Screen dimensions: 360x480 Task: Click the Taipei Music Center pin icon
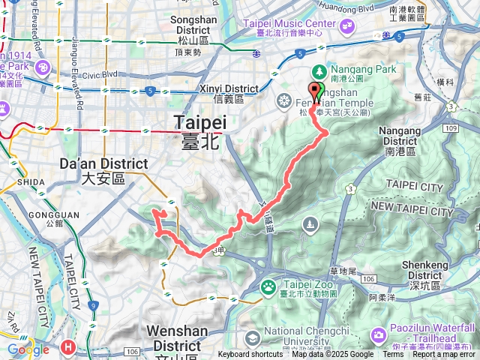point(347,27)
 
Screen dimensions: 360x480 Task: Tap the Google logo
point(28,349)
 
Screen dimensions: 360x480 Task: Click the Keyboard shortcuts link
point(250,355)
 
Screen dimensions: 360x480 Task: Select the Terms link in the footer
point(394,355)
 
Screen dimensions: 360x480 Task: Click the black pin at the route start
point(314,92)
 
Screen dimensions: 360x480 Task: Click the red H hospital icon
point(69,347)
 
